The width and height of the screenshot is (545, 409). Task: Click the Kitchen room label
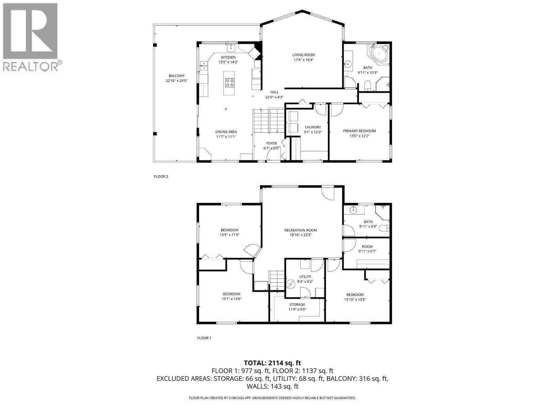click(x=228, y=57)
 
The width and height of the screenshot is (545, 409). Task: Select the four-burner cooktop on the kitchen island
click(x=230, y=82)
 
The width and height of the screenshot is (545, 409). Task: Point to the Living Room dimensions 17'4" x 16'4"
click(x=303, y=60)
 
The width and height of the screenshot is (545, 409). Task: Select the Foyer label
click(x=271, y=143)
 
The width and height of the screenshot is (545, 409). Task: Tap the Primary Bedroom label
click(x=359, y=131)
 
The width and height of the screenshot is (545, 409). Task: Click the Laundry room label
click(x=312, y=127)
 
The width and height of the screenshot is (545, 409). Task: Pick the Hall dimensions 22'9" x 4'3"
click(x=274, y=97)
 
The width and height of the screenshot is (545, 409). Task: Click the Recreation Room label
click(x=300, y=230)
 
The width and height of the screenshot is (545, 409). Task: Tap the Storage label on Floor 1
click(x=297, y=304)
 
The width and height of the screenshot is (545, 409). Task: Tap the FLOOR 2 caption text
click(x=161, y=177)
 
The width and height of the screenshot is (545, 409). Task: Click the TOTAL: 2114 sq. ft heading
click(x=272, y=363)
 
